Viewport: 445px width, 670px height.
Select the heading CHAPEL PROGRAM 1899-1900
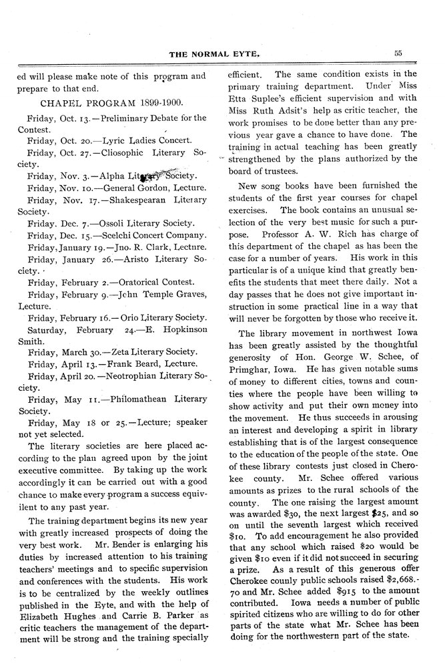coord(113,104)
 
